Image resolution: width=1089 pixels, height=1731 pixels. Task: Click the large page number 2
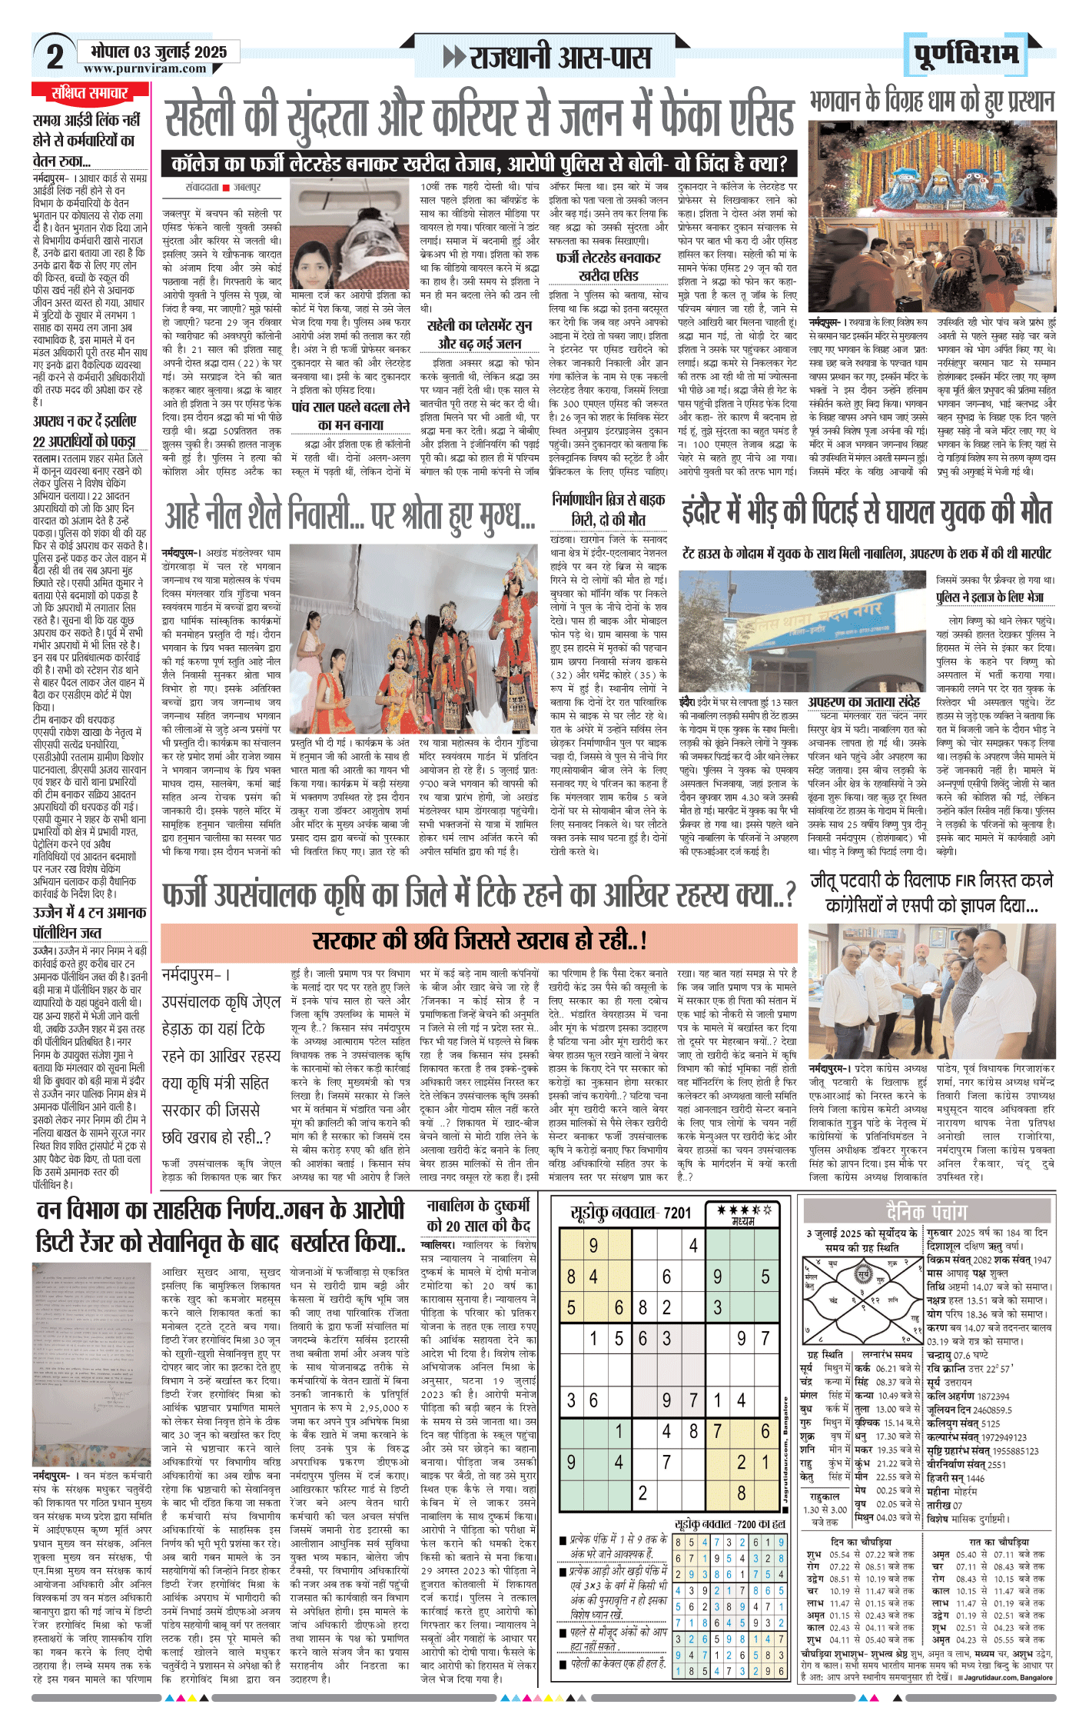(55, 57)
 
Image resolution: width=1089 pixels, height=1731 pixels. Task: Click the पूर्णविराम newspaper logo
(966, 54)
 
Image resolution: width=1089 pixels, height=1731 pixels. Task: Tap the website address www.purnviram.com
(145, 68)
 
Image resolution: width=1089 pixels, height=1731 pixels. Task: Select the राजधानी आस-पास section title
(559, 57)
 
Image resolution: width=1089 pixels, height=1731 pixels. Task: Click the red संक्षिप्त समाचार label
(90, 94)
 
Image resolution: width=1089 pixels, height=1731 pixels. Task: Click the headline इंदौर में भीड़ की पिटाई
(866, 512)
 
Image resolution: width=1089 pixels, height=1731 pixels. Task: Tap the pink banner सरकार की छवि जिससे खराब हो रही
(480, 940)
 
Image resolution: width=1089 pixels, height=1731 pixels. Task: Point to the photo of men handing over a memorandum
(931, 992)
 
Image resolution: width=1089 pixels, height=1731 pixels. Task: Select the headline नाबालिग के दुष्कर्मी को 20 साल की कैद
(479, 1216)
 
